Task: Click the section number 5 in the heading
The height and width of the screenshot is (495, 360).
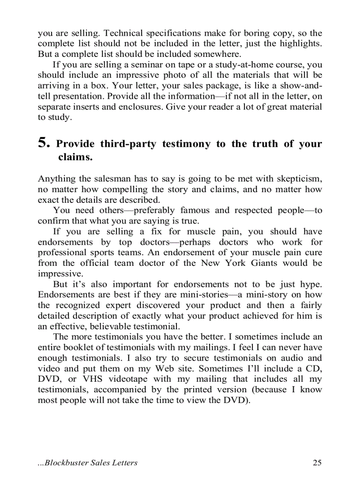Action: (x=43, y=143)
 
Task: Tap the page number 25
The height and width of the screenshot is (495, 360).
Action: (x=317, y=462)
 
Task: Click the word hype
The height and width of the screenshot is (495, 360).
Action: (x=311, y=284)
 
